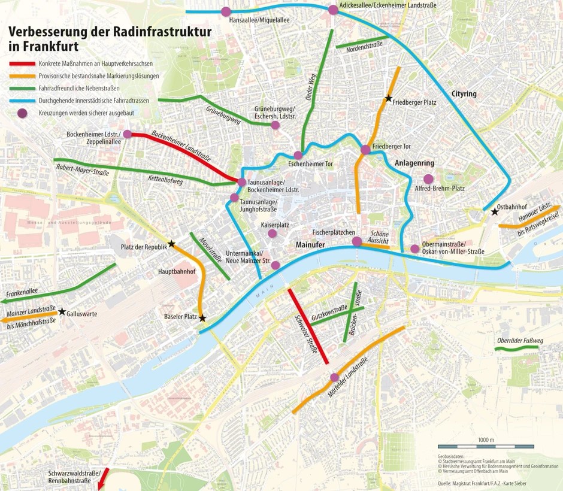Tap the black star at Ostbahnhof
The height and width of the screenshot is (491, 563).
pyautogui.click(x=495, y=211)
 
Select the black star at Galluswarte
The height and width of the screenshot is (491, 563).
pyautogui.click(x=62, y=311)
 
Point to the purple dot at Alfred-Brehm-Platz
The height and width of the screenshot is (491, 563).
pyautogui.click(x=428, y=178)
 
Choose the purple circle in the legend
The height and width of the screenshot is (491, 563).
pyautogui.click(x=22, y=113)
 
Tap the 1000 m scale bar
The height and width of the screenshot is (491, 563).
pyautogui.click(x=486, y=447)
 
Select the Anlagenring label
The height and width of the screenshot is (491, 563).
pyautogui.click(x=414, y=163)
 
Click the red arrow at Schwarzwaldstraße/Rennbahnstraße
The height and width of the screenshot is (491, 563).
pyautogui.click(x=103, y=477)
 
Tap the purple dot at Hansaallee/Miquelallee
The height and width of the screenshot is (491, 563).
pyautogui.click(x=226, y=11)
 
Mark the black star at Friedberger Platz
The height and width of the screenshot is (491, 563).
pyautogui.click(x=389, y=99)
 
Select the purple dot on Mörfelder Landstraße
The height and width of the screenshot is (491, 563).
pyautogui.click(x=334, y=377)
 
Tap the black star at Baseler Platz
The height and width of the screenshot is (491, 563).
pyautogui.click(x=202, y=318)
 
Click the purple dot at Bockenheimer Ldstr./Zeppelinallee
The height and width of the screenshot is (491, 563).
pyautogui.click(x=127, y=134)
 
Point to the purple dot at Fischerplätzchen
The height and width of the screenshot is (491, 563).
pyautogui.click(x=357, y=241)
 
